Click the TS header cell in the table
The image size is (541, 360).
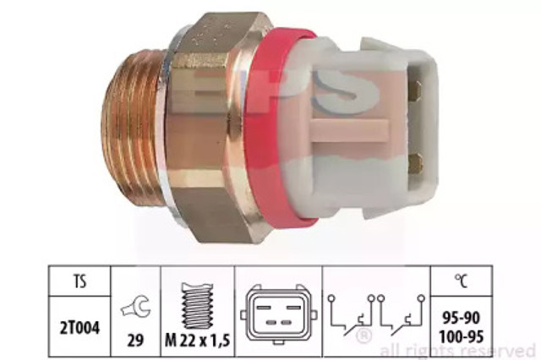coord(79,281)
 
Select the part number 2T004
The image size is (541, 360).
coord(79,328)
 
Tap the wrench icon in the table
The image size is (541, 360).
coord(136,307)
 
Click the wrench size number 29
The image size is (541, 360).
coord(135,341)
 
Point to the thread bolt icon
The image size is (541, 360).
coord(197,306)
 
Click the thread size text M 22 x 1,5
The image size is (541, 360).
coord(197,341)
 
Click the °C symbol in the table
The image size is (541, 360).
coord(461,281)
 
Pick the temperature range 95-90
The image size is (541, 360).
coord(461,318)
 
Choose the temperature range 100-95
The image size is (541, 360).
coord(461,336)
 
